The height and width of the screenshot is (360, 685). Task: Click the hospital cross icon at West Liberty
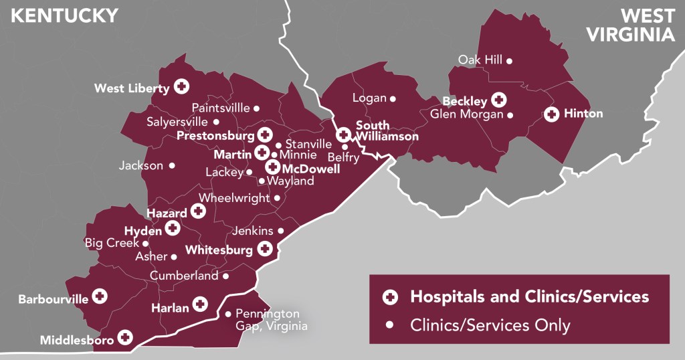pos(181,86)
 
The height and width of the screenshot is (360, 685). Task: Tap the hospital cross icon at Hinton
pos(551,114)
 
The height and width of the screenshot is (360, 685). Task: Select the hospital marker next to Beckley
pos(498,100)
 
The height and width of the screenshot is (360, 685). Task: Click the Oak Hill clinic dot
pos(509,61)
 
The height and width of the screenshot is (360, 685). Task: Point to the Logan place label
pos(369,98)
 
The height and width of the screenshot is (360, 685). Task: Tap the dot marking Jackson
pos(172,165)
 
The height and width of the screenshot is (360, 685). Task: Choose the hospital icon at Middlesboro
pos(124,339)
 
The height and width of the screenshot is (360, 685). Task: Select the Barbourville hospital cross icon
pos(100,296)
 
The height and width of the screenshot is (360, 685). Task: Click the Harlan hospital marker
pos(199,304)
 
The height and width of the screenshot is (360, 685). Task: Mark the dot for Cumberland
pos(225,276)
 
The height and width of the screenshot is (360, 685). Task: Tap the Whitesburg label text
pos(219,250)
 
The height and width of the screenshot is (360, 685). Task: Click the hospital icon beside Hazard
pos(198,211)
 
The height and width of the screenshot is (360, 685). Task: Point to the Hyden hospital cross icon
pos(173,230)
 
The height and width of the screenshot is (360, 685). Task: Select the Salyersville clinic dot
pos(216,122)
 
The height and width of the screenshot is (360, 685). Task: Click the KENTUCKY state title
pos(64,15)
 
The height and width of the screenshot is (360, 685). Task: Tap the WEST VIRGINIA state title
pos(631,25)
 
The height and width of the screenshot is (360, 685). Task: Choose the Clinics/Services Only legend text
pos(490,326)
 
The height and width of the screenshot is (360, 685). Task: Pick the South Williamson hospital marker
pos(343,134)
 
